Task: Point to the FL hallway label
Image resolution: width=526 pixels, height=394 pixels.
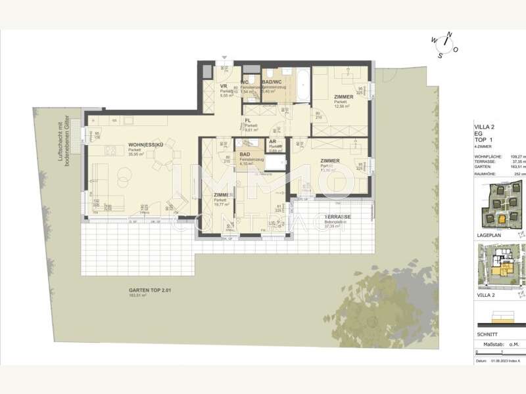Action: pyautogui.click(x=249, y=121)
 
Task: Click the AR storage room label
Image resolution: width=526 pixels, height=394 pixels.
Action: pyautogui.click(x=270, y=142)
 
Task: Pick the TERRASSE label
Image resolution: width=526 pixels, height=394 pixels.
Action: pyautogui.click(x=337, y=217)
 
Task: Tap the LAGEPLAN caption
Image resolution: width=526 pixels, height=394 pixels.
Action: pyautogui.click(x=487, y=234)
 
